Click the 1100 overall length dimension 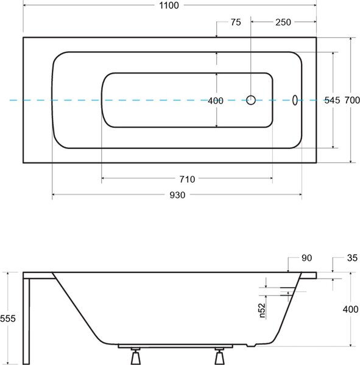click(169, 5)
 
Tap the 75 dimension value click(236, 23)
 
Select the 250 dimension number click(283, 23)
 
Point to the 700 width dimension click(352, 100)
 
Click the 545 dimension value click(332, 100)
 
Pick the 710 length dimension click(187, 179)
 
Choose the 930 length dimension click(177, 195)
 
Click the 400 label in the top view click(216, 101)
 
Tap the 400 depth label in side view click(350, 310)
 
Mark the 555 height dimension click(8, 318)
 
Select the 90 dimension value click(306, 258)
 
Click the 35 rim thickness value click(352, 258)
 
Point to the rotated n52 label click(262, 310)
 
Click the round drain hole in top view click(251, 100)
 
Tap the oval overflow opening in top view click(295, 100)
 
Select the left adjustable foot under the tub click(135, 356)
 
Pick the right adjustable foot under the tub click(219, 356)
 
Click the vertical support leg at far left click(26, 321)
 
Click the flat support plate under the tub click(175, 346)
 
